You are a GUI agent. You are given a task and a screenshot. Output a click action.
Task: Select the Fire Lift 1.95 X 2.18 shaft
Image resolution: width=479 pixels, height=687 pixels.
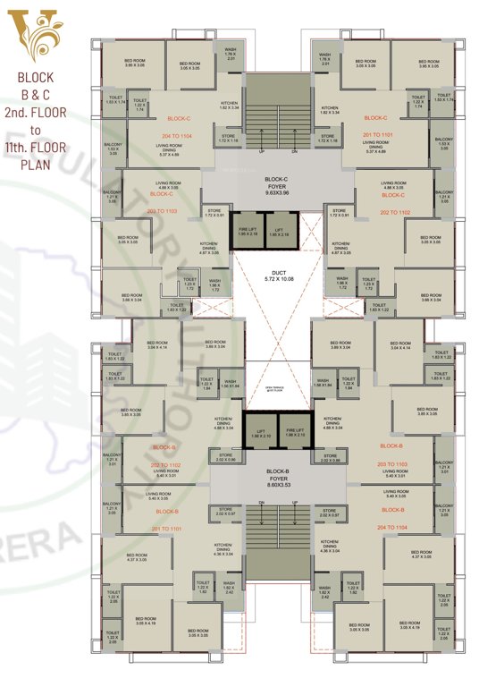click(x=248, y=232)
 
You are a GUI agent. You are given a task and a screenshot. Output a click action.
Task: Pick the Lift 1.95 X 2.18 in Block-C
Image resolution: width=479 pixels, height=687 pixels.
click(x=280, y=232)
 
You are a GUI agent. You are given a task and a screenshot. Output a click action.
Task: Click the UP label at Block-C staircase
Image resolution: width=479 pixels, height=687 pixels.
click(x=261, y=151)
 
